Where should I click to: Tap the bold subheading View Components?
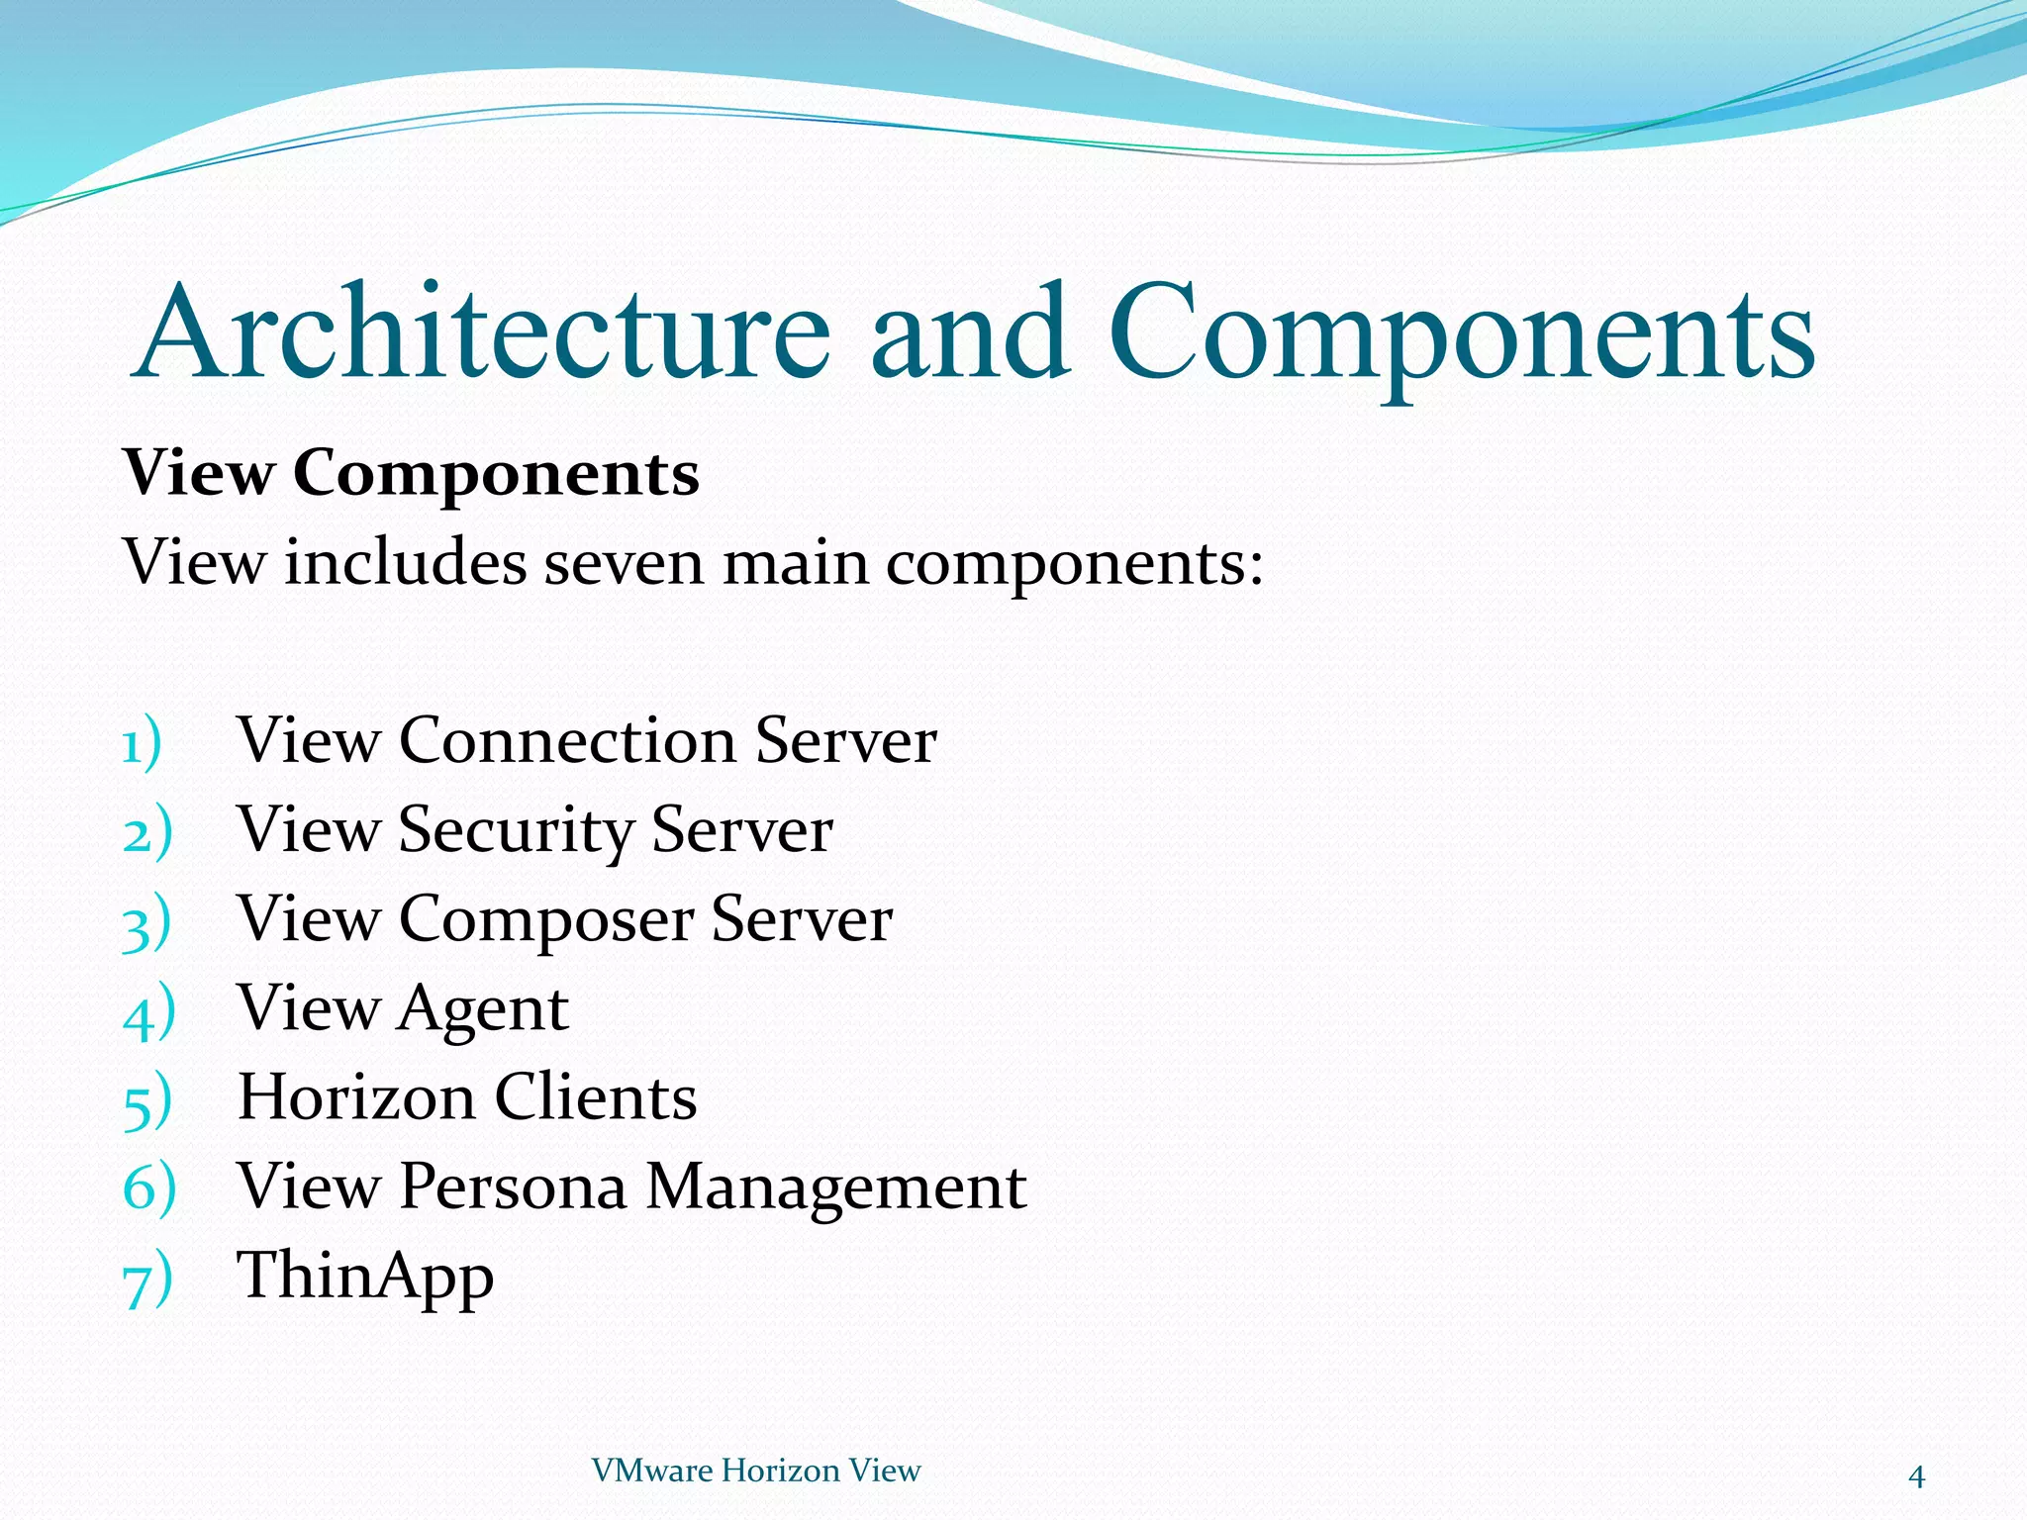click(411, 474)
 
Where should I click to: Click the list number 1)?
click(143, 744)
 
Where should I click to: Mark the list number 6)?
click(149, 1187)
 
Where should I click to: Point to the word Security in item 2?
click(515, 831)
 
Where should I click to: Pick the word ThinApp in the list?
click(365, 1277)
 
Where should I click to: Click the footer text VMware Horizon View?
click(755, 1471)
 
